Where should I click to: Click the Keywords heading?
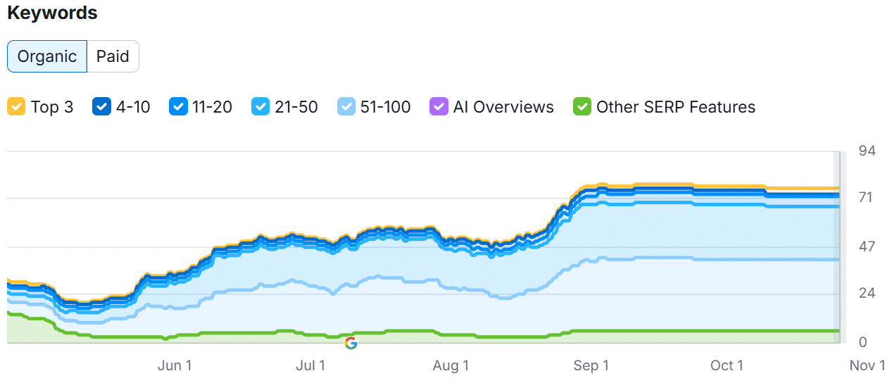(52, 13)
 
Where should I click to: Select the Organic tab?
(47, 56)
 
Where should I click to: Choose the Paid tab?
(113, 56)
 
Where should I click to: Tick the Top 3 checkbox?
(16, 107)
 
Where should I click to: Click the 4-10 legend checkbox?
(102, 107)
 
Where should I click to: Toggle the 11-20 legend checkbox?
(178, 107)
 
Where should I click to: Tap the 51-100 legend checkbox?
(347, 107)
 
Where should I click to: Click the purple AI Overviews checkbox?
(439, 107)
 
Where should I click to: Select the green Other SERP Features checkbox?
(582, 107)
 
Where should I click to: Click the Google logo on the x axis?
(351, 344)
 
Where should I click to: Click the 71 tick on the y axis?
(865, 198)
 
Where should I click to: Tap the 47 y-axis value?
(866, 246)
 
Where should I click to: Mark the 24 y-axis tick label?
(866, 294)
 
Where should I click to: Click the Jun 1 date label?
(174, 365)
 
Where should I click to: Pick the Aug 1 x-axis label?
(451, 365)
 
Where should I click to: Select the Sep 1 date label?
(591, 365)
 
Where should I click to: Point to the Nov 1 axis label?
(867, 365)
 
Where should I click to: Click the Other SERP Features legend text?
(675, 107)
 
